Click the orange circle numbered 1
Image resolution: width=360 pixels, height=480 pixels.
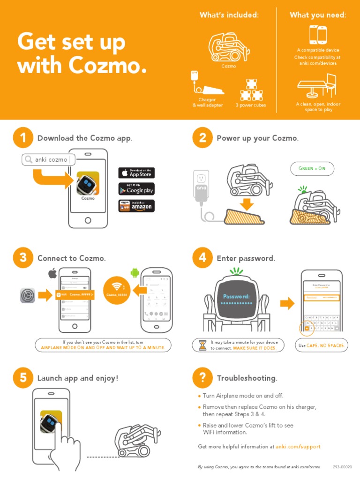[x=23, y=138]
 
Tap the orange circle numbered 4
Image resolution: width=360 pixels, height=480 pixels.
[x=202, y=258]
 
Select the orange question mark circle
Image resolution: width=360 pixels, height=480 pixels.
[x=202, y=378]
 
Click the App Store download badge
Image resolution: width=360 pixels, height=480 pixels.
[x=136, y=172]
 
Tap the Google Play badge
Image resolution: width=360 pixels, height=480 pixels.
[x=136, y=189]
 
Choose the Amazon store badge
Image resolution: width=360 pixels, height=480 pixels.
[x=136, y=206]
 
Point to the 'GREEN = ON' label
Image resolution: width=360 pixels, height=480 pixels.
[x=312, y=168]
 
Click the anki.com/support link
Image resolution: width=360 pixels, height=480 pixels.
[x=298, y=447]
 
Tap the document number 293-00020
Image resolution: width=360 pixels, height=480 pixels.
[x=342, y=467]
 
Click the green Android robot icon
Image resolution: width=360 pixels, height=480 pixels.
[x=135, y=272]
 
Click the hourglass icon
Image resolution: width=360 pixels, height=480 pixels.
[x=202, y=345]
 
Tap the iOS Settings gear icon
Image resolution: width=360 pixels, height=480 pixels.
[x=28, y=295]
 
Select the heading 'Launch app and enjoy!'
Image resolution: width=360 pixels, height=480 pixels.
[x=78, y=378]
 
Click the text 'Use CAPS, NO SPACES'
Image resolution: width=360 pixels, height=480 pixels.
[x=321, y=345]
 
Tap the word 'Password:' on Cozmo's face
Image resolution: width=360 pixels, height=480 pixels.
[x=236, y=296]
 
